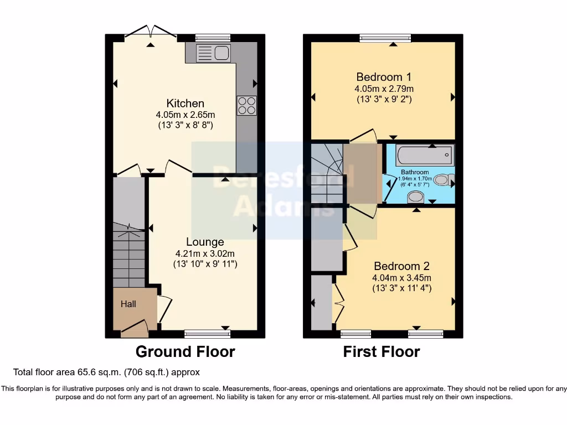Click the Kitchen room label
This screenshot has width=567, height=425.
tap(185, 103)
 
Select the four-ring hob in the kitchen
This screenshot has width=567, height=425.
tap(246, 105)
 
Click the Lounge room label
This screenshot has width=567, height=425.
tap(205, 242)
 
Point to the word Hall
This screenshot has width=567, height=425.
tap(128, 304)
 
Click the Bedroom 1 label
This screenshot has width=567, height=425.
tap(384, 77)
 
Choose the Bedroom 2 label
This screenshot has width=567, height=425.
tap(401, 266)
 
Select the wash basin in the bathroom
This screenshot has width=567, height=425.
tap(415, 197)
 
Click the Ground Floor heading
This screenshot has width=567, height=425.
tap(185, 351)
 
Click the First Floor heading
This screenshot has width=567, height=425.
tap(382, 351)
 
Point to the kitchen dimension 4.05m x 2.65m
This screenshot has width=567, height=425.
tap(185, 115)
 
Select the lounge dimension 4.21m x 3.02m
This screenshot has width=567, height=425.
tap(205, 253)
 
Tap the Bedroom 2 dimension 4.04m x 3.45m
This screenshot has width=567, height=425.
tap(401, 277)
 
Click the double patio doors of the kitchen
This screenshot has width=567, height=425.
tap(150, 33)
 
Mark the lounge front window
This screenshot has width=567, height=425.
tap(207, 334)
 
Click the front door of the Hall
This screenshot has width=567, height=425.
tap(135, 329)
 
